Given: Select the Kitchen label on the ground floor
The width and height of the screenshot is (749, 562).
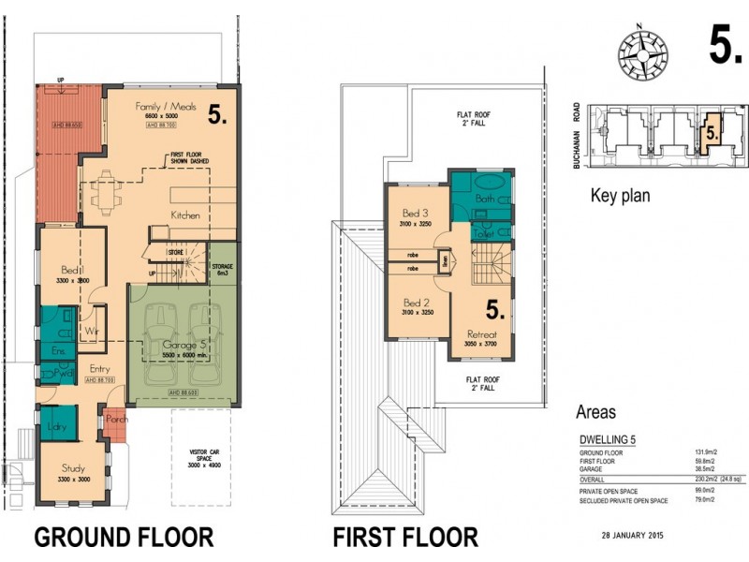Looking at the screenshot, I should [x=185, y=215].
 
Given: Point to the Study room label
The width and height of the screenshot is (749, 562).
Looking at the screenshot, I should [x=74, y=468].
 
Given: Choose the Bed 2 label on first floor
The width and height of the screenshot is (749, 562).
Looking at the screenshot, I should [x=416, y=303].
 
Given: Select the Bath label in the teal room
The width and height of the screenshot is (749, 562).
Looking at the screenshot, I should [x=485, y=199].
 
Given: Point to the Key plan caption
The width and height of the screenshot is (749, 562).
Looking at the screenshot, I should [x=620, y=197].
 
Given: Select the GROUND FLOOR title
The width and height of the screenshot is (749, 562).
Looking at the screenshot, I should [x=124, y=537].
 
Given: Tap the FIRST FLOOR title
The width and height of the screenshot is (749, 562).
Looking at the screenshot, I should [x=405, y=537].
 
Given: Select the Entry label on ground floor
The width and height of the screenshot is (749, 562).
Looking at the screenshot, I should [x=99, y=369].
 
